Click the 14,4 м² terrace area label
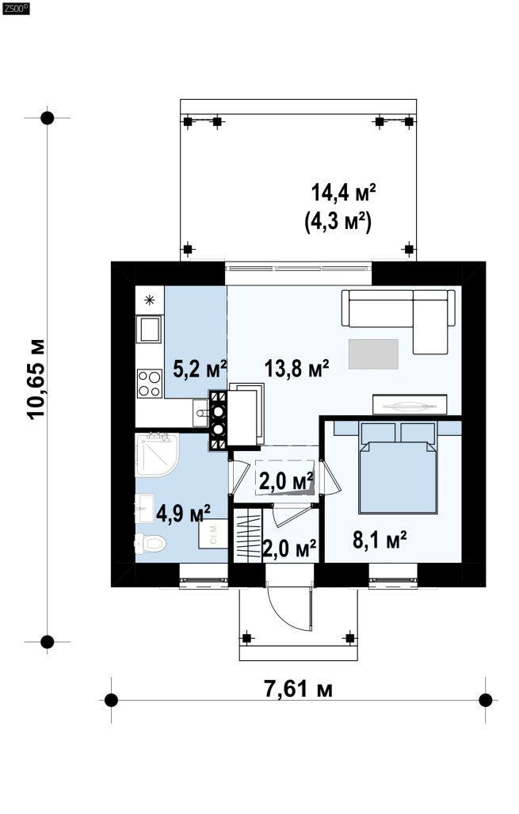[x=343, y=193]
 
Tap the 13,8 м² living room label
[x=296, y=369]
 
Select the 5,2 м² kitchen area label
[x=200, y=369]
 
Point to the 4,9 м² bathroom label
[x=183, y=514]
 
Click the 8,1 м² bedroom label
[x=380, y=540]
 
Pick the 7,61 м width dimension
[x=299, y=689]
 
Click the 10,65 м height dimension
[x=37, y=380]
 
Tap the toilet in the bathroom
[x=150, y=544]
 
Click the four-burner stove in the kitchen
[x=150, y=383]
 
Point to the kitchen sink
[x=150, y=329]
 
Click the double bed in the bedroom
[x=398, y=468]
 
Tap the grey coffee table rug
[x=373, y=354]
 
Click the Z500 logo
[x=16, y=8]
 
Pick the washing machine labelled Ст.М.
[x=213, y=533]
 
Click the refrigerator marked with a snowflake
[x=150, y=300]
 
